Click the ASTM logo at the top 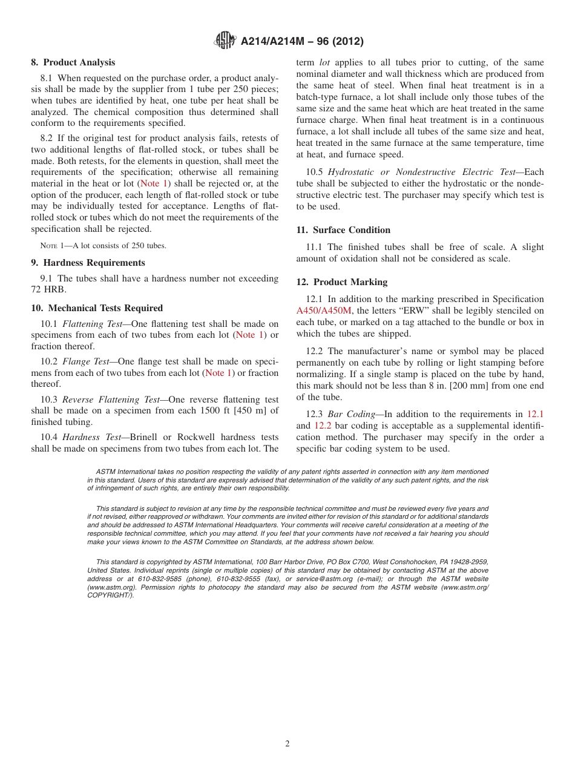coord(225,41)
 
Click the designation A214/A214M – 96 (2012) coord(301,42)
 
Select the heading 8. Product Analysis coord(73,62)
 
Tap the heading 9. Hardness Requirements coord(88,263)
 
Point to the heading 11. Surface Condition coord(343,230)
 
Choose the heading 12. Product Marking coord(341,282)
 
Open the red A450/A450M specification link coord(324,311)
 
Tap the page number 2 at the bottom coord(287,744)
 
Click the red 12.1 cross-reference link coord(535,414)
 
